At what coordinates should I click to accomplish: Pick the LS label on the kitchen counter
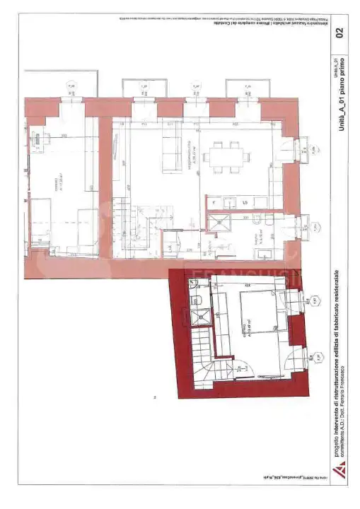(245, 203)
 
